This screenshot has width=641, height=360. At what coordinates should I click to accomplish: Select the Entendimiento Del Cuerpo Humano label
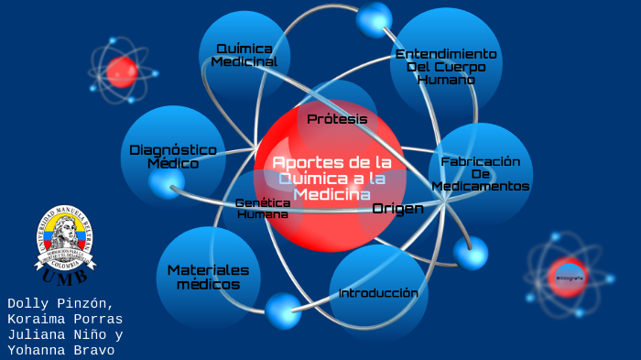[x=446, y=67]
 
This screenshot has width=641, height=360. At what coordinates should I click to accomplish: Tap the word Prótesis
[x=337, y=119]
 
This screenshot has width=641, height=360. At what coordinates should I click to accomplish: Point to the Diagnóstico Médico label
[x=173, y=156]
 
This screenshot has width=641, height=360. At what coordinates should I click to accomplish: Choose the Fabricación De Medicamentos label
[x=481, y=173]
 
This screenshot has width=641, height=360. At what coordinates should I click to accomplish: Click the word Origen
[x=397, y=209]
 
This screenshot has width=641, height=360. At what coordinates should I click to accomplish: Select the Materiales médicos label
[x=208, y=277]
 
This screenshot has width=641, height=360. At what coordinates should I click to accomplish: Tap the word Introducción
[x=378, y=293]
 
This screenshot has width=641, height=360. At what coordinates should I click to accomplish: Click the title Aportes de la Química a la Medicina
[x=331, y=178]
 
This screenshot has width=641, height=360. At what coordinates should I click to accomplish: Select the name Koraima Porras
[x=64, y=319]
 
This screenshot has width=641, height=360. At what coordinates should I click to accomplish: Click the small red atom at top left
[x=121, y=70]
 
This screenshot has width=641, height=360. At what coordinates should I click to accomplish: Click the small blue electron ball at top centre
[x=374, y=18]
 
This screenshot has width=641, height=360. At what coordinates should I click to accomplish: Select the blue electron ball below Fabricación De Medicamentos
[x=471, y=252]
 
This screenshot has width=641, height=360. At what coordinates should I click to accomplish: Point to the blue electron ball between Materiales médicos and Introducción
[x=283, y=310]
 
